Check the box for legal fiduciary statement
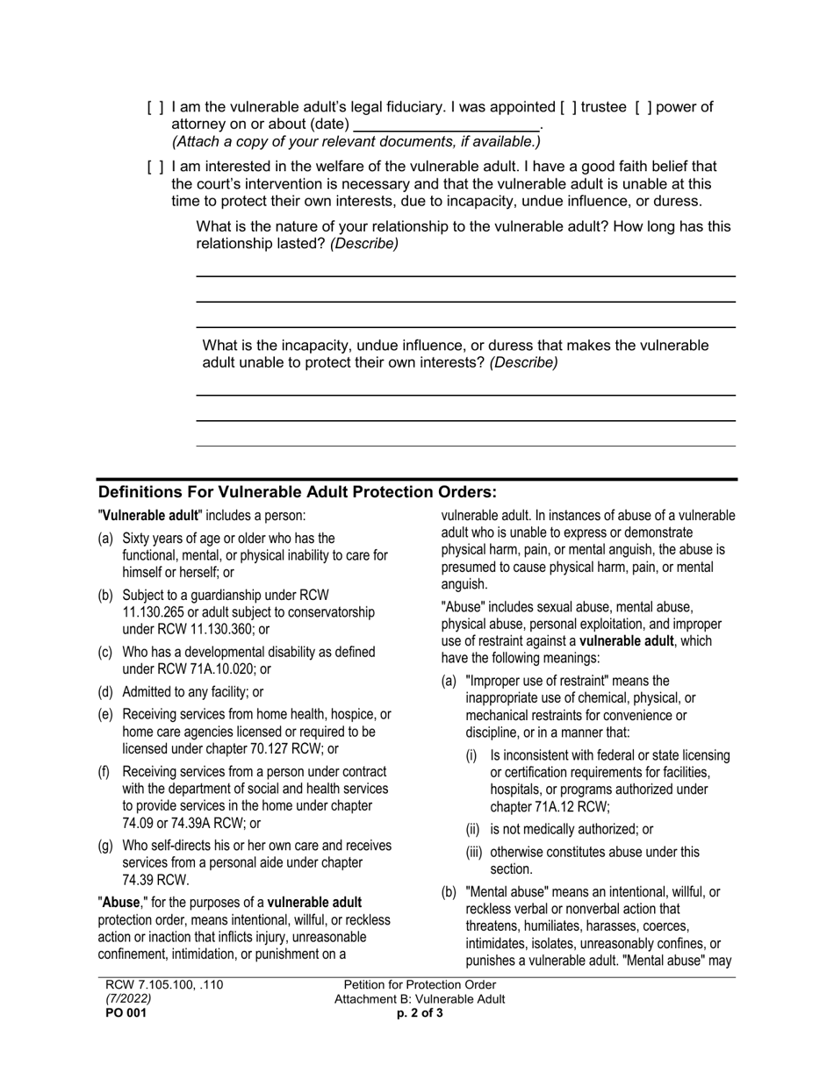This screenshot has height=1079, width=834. (155, 108)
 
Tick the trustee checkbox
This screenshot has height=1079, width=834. (569, 108)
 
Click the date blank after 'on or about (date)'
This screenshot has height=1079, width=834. (446, 125)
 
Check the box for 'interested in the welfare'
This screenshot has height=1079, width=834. (155, 167)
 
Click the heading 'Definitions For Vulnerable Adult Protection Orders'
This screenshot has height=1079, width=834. (298, 492)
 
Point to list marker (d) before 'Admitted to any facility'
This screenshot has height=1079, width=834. (105, 692)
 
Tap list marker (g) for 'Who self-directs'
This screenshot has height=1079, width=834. (105, 846)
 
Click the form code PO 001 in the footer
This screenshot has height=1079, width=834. (126, 1013)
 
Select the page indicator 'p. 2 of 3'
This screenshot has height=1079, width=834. (420, 1013)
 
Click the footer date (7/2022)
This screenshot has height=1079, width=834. (128, 999)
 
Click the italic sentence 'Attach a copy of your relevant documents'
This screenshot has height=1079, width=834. (356, 141)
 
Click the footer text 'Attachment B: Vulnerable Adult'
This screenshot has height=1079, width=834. (420, 999)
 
